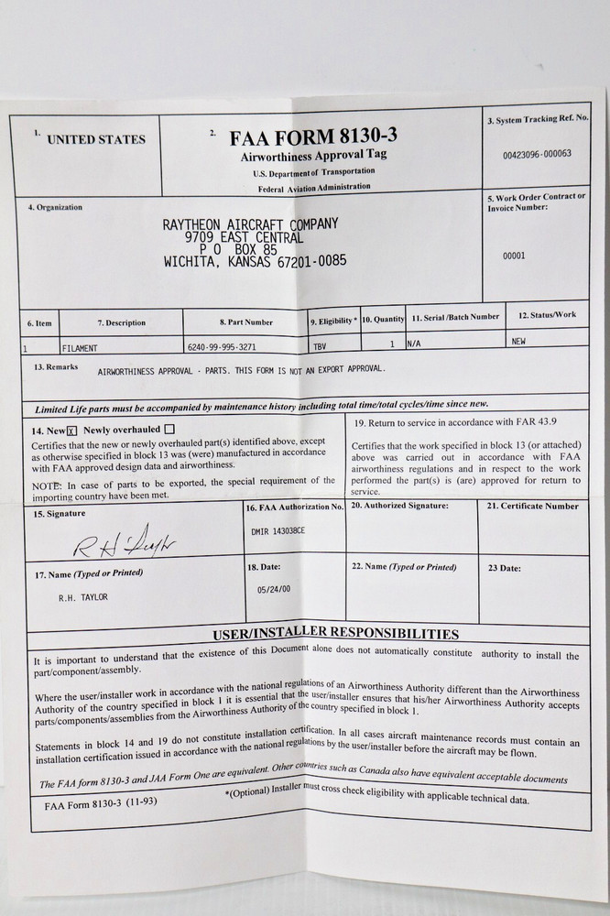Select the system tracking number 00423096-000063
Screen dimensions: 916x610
click(537, 154)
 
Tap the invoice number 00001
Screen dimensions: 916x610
click(515, 256)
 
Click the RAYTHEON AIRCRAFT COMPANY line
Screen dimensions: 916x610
click(250, 224)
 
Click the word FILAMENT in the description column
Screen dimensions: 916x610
click(81, 349)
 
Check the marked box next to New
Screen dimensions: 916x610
click(71, 431)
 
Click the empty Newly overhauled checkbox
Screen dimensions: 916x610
click(170, 429)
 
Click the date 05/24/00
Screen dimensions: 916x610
click(274, 592)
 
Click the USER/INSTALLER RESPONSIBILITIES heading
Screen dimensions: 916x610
click(336, 633)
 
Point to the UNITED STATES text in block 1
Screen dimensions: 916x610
click(95, 139)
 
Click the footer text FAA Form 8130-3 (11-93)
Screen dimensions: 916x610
click(100, 806)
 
